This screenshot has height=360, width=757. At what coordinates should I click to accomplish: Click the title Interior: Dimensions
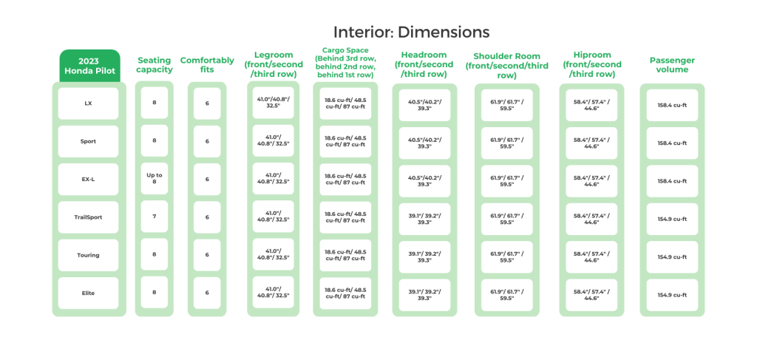point(411,33)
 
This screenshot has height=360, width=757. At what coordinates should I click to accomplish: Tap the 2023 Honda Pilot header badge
point(89,65)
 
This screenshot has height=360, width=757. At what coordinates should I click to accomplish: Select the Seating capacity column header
point(155,65)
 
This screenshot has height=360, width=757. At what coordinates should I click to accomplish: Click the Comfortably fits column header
point(207,65)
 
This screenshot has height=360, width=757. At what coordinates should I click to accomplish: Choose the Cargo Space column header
point(344,64)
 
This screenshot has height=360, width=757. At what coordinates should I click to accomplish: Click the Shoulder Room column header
point(507,65)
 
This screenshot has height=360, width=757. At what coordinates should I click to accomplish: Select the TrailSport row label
point(89,217)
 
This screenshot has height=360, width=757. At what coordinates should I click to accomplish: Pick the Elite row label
point(89,293)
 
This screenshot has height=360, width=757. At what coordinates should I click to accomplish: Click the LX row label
point(89,103)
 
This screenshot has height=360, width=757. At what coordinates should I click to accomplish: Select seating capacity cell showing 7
point(155,217)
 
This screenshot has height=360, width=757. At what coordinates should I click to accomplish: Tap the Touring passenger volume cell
point(672,256)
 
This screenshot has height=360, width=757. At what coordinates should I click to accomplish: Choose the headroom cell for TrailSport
point(424,217)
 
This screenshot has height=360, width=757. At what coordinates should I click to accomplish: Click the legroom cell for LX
point(274,103)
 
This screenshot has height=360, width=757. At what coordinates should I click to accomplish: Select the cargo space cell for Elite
point(344,293)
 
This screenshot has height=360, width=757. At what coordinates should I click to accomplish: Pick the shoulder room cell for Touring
point(507,256)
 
